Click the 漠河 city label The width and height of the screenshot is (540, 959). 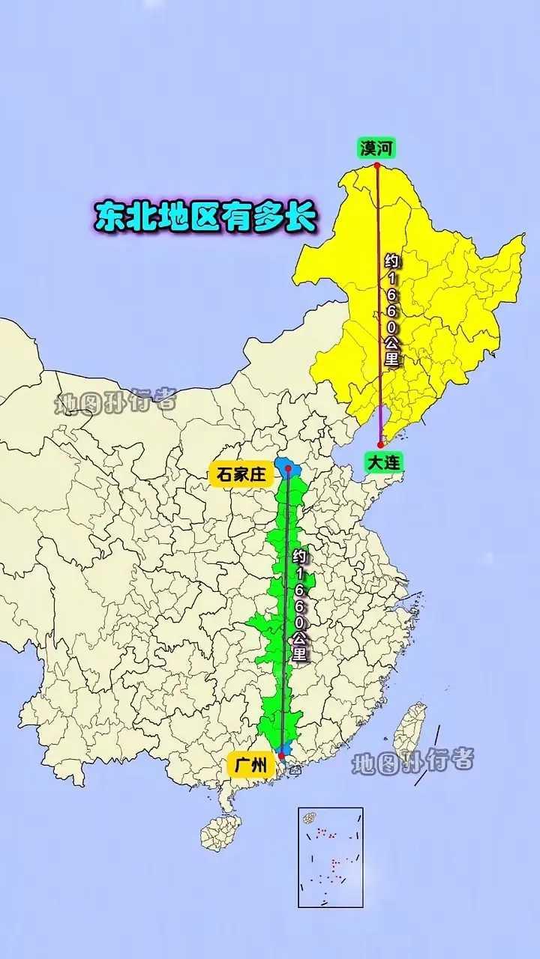coord(376,148)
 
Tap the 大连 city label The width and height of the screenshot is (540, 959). coord(383,462)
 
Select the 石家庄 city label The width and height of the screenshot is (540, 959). coord(241,474)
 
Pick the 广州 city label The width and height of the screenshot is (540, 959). coord(250,765)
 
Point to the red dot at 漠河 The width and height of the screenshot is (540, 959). coord(376,166)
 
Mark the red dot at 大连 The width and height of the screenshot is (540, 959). coord(380,445)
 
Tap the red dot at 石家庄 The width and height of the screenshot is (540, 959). coord(288,468)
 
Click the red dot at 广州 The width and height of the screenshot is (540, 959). coord(281,756)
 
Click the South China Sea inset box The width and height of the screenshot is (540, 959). coord(330,857)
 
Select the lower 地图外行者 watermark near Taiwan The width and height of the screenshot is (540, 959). coord(413,762)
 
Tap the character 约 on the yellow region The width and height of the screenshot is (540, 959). coord(391,261)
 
